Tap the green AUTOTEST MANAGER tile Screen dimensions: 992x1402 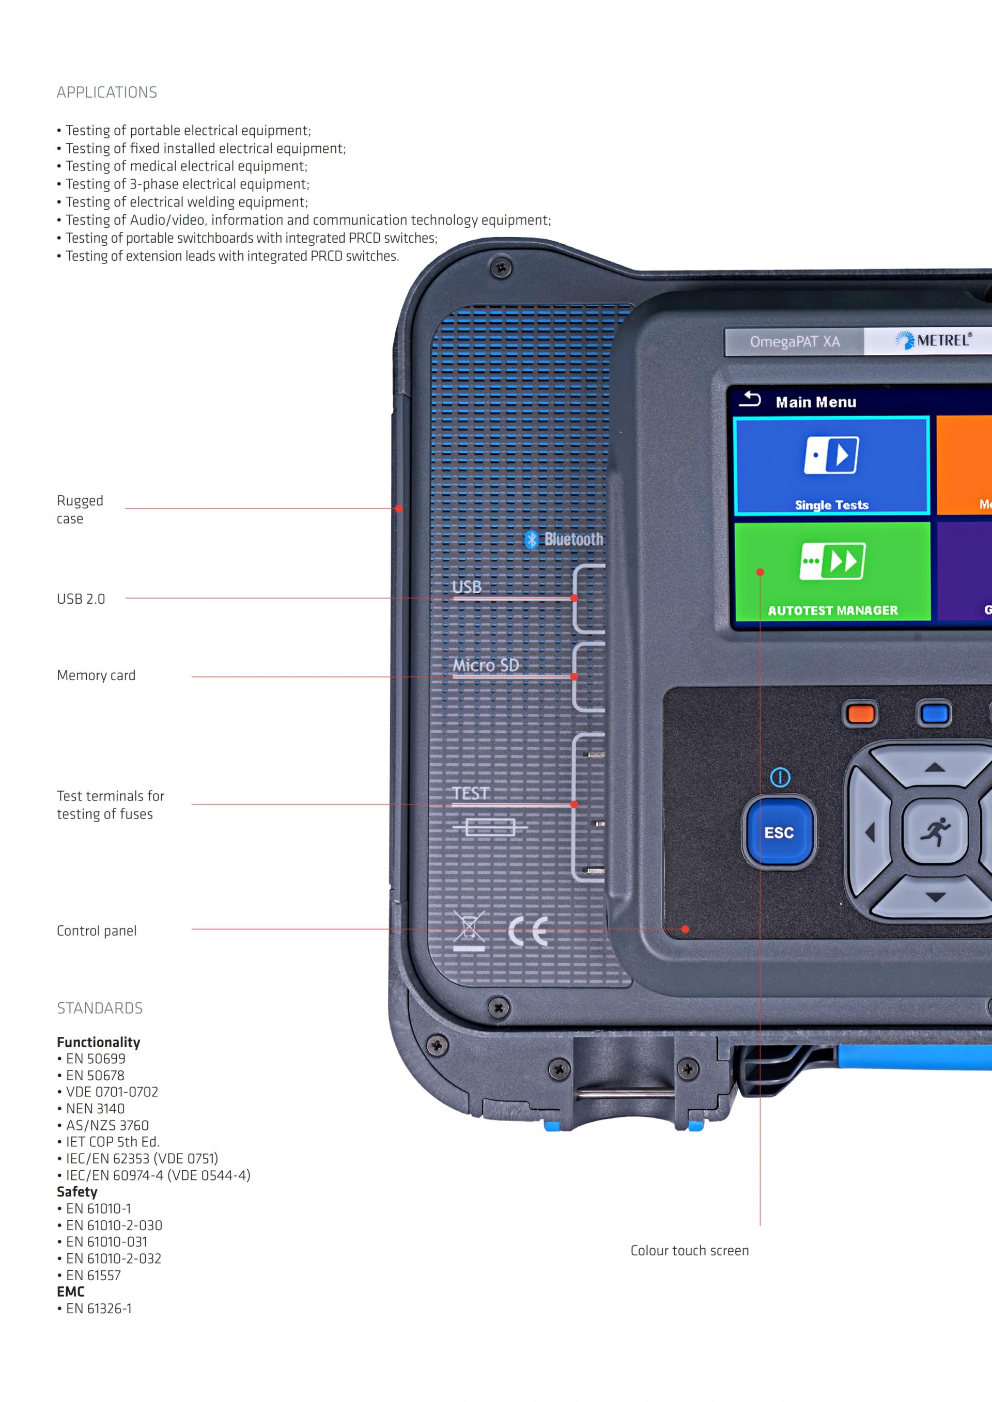tap(831, 571)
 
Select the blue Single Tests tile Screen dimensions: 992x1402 tap(831, 466)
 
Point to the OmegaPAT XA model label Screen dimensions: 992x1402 tap(794, 341)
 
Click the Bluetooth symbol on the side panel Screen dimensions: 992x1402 tap(532, 539)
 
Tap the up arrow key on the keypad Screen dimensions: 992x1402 tap(935, 767)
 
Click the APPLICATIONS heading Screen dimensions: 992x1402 tap(107, 92)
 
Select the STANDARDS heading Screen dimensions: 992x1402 tap(100, 1008)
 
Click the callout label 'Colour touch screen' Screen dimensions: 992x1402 tap(689, 1251)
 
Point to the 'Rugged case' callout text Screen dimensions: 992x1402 tap(80, 509)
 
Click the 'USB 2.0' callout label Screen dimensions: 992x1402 tap(81, 599)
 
